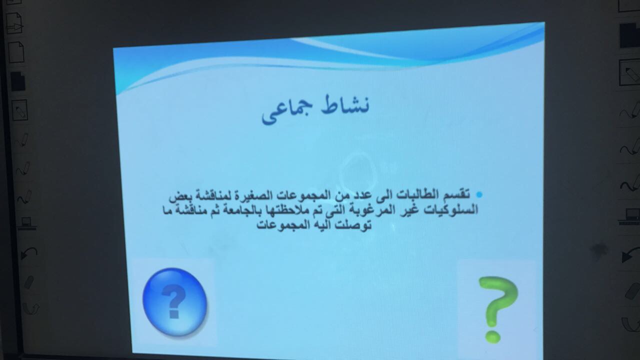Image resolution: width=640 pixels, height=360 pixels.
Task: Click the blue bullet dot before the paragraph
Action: [x=479, y=195]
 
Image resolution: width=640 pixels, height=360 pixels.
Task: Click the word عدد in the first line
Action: [x=360, y=195]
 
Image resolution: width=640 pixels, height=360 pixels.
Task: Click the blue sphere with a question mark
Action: [x=175, y=301]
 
